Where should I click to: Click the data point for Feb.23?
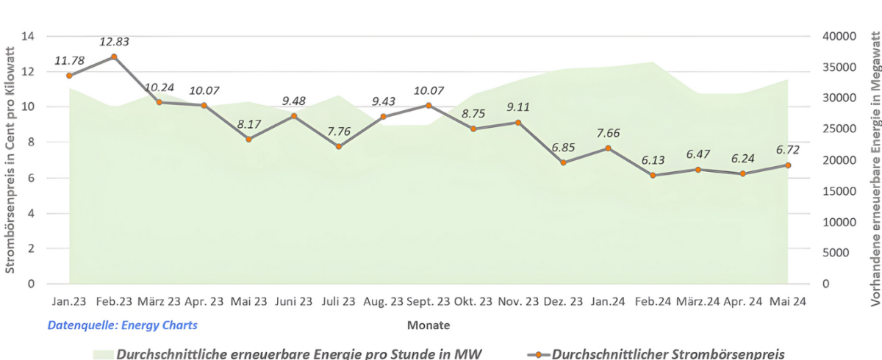114,57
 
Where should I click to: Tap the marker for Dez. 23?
563,162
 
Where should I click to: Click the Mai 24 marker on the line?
788,165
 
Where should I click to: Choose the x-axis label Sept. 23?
428,301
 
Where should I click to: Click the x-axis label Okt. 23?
473,301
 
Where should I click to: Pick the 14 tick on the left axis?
29,36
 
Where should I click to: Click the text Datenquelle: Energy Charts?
123,325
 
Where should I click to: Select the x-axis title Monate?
429,325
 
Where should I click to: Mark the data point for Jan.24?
608,148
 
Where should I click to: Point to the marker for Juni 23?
294,116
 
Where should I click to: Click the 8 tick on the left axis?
32,143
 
